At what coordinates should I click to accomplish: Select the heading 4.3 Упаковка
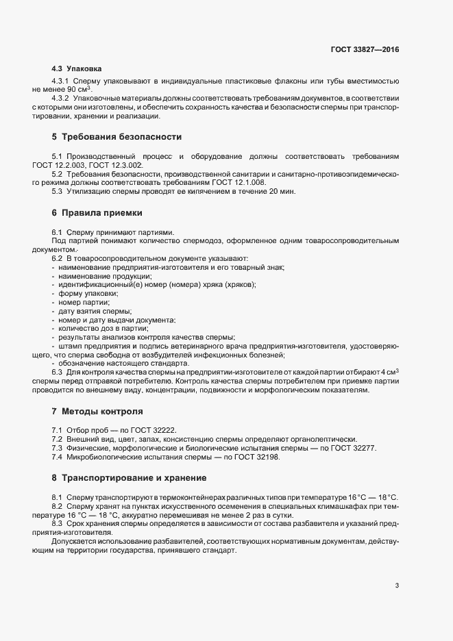pos(77,69)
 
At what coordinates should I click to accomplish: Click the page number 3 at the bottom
pos(397,585)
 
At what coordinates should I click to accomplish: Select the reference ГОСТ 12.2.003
pos(58,166)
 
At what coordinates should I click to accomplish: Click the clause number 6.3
pos(57,372)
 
